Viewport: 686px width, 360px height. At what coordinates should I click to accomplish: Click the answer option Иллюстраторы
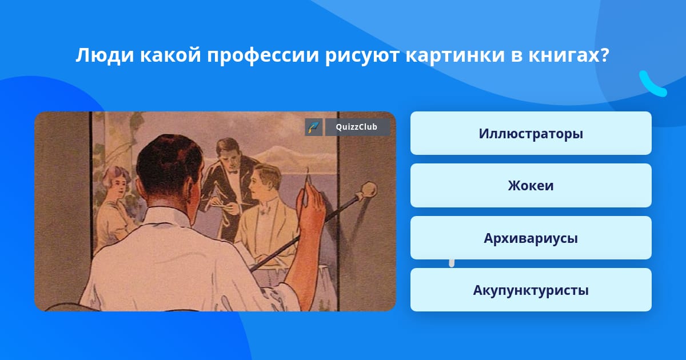[x=531, y=133]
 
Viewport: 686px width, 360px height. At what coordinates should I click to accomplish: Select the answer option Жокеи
[x=531, y=186]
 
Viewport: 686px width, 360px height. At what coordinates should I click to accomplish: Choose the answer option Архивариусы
[x=531, y=238]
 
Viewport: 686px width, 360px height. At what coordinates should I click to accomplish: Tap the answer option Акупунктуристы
[x=531, y=290]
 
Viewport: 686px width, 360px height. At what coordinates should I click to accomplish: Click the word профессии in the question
[x=263, y=56]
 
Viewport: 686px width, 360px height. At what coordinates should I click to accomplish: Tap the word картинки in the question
[x=455, y=56]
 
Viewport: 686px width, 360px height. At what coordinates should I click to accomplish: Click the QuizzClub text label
[x=357, y=127]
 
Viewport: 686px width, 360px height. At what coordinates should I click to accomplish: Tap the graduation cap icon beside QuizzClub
[x=314, y=127]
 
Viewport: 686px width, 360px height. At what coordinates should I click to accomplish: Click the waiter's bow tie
[x=234, y=172]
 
